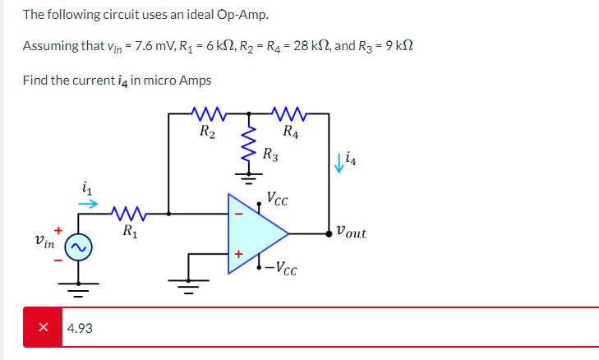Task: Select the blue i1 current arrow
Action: coord(89,201)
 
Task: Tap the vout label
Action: coord(352,233)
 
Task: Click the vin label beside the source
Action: coord(44,243)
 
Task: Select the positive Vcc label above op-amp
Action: coord(278,198)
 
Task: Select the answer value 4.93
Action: coord(80,328)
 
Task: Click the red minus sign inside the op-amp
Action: coord(238,215)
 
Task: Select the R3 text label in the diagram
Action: coord(271,153)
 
